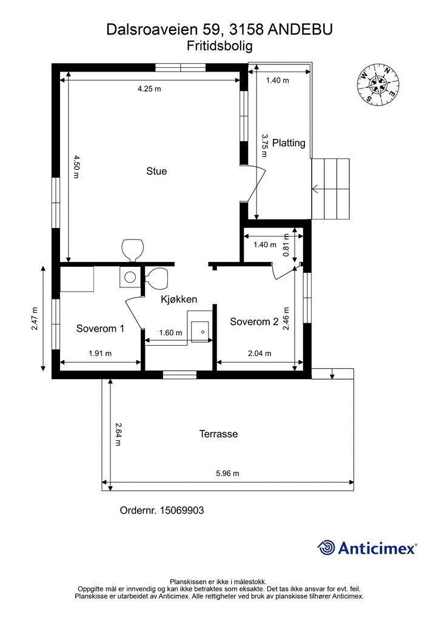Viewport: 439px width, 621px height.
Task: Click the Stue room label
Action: tap(156, 171)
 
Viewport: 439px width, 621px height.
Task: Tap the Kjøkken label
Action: tap(179, 299)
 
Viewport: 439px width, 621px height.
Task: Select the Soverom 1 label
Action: tap(100, 328)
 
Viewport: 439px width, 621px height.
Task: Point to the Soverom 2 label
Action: tap(254, 321)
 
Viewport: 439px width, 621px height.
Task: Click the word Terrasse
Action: tap(218, 434)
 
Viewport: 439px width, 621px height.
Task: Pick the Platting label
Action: tap(289, 143)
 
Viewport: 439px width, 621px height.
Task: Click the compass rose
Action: tap(378, 84)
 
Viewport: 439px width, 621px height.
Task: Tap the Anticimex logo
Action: tap(367, 548)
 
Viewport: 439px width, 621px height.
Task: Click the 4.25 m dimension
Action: tap(149, 89)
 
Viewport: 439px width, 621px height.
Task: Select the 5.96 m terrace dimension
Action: tap(227, 473)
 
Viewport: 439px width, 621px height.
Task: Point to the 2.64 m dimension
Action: tap(118, 434)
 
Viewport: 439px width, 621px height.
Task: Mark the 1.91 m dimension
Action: tap(100, 354)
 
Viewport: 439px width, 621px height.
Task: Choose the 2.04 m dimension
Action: tap(260, 354)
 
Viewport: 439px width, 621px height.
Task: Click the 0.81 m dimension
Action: tap(287, 245)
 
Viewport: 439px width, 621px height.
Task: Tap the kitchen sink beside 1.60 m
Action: tap(199, 332)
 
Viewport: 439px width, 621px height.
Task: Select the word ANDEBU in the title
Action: tap(300, 30)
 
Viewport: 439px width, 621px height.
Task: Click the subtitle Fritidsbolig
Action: tap(219, 46)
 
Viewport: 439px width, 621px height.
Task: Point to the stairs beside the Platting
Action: tap(330, 189)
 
